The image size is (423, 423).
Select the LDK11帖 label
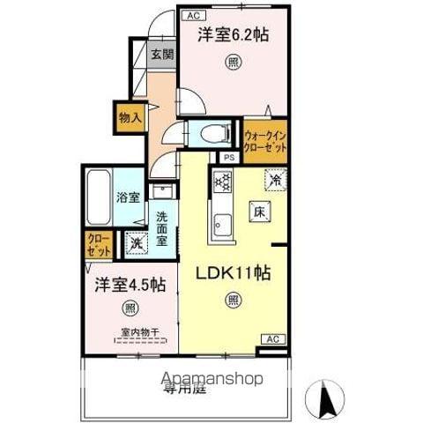point(233,272)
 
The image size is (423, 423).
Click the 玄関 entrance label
point(161,55)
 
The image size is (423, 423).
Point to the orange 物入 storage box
point(129,116)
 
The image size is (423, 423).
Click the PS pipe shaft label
point(229,158)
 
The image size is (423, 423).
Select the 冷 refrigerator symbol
point(275,180)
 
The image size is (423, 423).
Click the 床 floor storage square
point(260,211)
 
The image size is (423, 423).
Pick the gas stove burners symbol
point(221,182)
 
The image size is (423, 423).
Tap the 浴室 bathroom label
point(128,197)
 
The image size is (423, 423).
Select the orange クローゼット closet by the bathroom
point(97,244)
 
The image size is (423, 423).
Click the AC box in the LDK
point(273,340)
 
